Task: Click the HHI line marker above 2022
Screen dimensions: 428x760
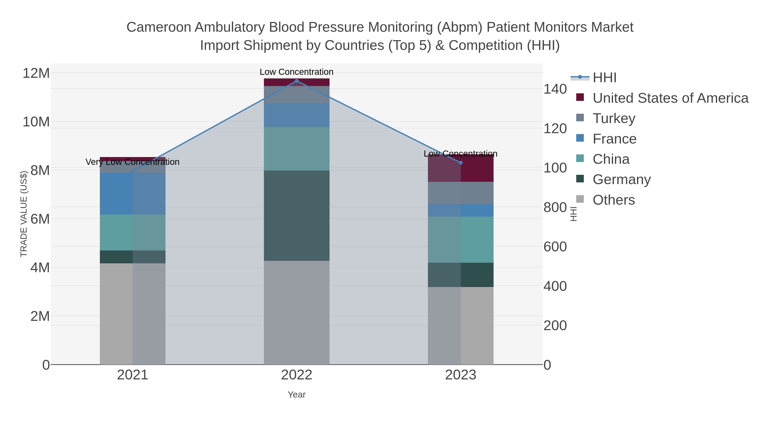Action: (297, 81)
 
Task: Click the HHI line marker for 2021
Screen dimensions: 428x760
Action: (133, 171)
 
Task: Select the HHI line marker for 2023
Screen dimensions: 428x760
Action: (461, 163)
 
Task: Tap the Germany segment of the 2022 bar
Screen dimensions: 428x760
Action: (297, 216)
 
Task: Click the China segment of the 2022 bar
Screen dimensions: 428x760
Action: (297, 149)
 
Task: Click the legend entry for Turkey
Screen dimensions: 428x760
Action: (614, 118)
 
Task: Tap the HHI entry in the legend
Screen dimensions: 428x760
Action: (604, 78)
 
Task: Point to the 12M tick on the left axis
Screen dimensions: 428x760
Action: (36, 73)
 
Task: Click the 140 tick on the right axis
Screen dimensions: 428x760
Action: (555, 89)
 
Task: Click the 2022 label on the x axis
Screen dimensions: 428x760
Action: (297, 375)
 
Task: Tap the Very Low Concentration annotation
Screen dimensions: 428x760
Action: (132, 162)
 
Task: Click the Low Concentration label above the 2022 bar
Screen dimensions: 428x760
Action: (297, 72)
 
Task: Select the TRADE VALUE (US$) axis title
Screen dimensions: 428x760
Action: (24, 214)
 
